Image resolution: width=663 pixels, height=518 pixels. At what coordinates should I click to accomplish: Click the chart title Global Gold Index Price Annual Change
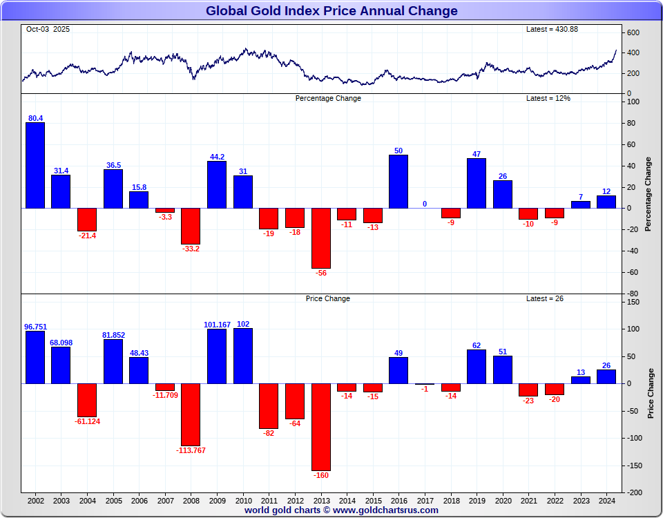coord(331,11)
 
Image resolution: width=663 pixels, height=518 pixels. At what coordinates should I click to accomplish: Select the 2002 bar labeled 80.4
coord(35,165)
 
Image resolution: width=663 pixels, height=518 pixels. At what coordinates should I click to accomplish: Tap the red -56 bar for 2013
coord(321,238)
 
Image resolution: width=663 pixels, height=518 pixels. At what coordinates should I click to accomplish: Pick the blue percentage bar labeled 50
coord(398,181)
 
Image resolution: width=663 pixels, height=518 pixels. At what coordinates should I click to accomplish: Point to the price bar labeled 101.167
coord(217,356)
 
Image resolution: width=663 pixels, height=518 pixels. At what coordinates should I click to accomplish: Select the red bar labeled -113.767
coord(191,414)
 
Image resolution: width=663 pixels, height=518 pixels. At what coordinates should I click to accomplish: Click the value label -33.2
coord(191,249)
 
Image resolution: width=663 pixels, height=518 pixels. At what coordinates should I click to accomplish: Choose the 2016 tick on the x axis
coord(398,500)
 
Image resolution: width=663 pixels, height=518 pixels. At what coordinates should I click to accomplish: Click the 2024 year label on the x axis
coord(606,500)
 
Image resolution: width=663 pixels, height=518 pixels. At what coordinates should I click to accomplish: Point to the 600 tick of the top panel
coord(633,32)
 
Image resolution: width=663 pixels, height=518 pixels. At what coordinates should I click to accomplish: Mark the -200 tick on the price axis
coord(635,492)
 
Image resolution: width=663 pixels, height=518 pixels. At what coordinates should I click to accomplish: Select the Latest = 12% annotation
coord(548,98)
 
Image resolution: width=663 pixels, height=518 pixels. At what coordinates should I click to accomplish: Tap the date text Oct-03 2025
coord(48,29)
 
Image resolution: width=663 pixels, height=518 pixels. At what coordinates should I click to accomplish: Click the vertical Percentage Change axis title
coord(648,194)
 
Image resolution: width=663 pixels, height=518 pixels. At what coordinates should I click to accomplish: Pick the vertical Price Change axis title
coord(651,393)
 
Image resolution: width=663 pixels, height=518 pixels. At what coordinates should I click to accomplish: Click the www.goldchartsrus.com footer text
coord(385,510)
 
